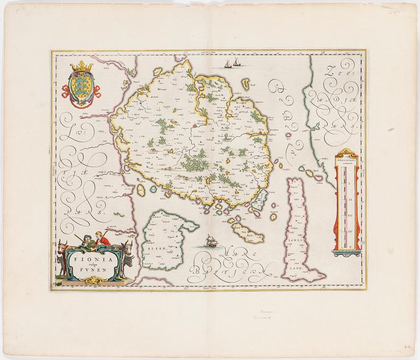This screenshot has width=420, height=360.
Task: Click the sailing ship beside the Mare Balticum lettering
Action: (209, 240)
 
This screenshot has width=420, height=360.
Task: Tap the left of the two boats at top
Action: (227, 65)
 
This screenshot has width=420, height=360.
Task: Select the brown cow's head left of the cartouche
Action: (61, 247)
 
